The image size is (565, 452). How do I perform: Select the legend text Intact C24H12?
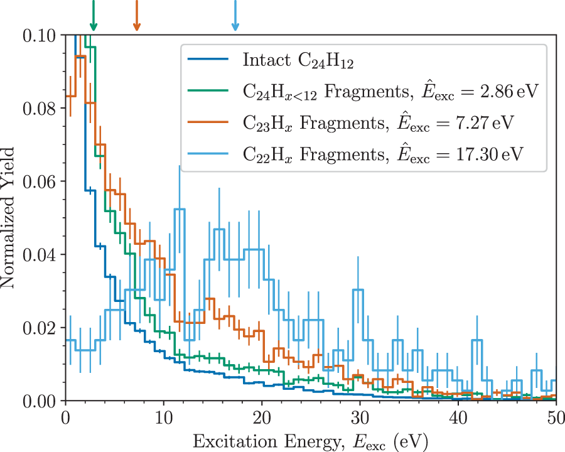pyautogui.click(x=293, y=61)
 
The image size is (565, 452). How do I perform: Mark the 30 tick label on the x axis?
pyautogui.click(x=360, y=417)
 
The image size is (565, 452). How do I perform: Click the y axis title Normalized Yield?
pyautogui.click(x=9, y=217)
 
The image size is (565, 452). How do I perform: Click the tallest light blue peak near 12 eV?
pyautogui.click(x=180, y=209)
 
